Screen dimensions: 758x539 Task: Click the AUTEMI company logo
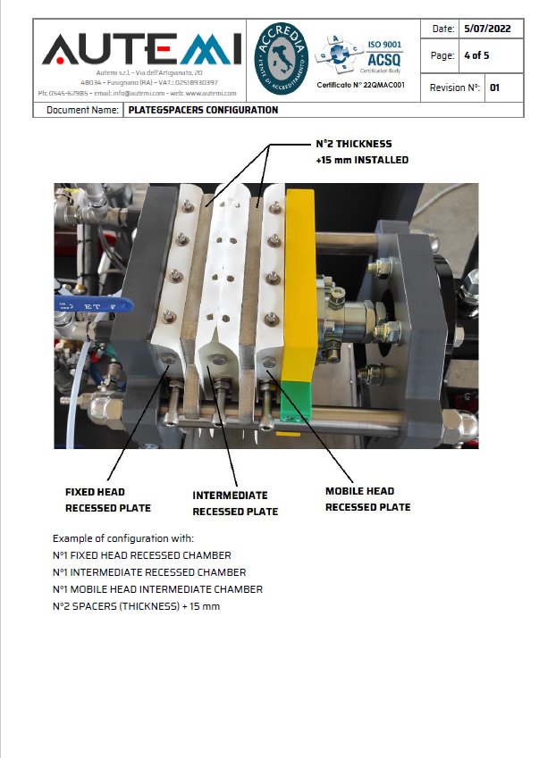click(138, 50)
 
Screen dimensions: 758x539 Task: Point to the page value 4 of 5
click(476, 55)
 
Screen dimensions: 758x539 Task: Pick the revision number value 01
click(494, 87)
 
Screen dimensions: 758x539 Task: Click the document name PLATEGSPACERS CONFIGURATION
click(203, 111)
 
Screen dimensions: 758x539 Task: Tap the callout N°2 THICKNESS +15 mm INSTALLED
click(362, 152)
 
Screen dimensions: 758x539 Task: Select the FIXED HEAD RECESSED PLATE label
click(108, 500)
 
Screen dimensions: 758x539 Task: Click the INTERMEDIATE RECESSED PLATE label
click(235, 504)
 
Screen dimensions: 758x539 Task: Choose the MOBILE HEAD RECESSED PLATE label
click(367, 499)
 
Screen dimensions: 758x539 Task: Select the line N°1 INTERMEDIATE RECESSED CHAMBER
click(149, 572)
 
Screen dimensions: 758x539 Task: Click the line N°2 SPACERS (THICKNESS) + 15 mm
click(136, 606)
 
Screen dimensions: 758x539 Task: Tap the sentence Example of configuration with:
click(123, 538)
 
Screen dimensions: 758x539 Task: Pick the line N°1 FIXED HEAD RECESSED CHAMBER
click(141, 555)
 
